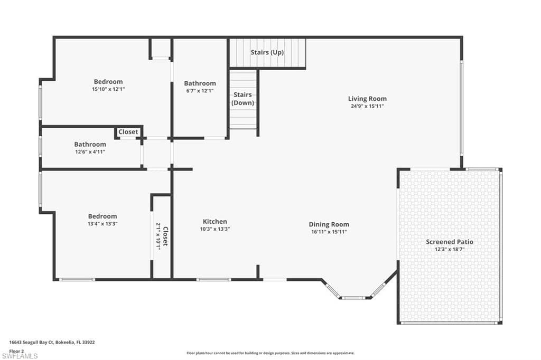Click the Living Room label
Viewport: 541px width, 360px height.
[367, 99]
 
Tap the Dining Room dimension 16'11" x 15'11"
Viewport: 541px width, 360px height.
[329, 232]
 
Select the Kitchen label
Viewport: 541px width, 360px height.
[214, 221]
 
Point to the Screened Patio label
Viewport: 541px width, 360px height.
[450, 242]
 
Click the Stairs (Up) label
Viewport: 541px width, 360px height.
[267, 52]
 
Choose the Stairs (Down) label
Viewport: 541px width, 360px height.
[242, 99]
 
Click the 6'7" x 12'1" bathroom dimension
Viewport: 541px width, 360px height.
[200, 91]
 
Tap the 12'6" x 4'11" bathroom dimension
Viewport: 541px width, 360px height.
[90, 151]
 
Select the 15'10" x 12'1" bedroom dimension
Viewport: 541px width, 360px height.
[108, 89]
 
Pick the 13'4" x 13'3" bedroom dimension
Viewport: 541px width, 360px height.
[102, 223]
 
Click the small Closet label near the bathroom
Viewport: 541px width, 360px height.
[128, 132]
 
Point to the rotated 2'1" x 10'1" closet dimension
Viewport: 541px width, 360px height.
[158, 236]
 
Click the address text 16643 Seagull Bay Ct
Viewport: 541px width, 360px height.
[31, 343]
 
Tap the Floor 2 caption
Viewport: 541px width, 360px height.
[16, 351]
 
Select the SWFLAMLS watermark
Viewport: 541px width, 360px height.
[20, 356]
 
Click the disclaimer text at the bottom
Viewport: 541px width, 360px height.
[270, 353]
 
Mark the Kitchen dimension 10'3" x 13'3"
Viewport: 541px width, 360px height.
[214, 229]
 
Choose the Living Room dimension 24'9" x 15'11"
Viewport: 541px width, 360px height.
[367, 106]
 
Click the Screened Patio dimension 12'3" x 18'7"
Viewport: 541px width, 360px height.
[450, 249]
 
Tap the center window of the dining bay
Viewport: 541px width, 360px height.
[353, 297]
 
